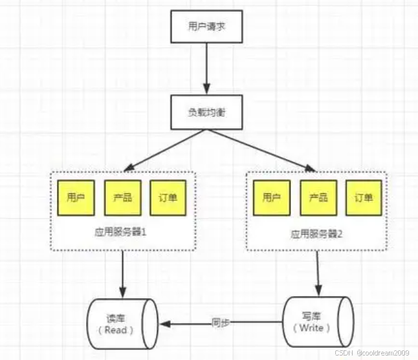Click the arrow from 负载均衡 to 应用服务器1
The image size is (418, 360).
pos(165,150)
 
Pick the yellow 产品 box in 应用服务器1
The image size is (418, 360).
pos(122,198)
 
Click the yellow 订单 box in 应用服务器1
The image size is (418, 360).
pos(168,198)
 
